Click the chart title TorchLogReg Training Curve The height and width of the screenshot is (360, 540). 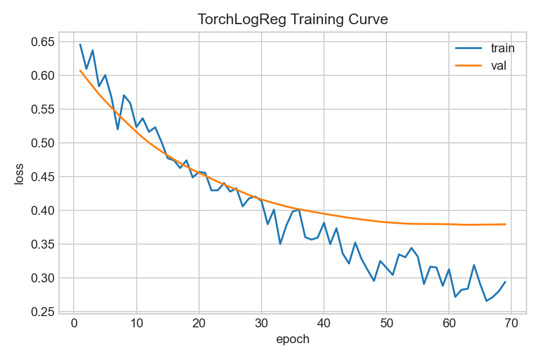pos(292,20)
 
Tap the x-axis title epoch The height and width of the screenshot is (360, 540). pos(292,340)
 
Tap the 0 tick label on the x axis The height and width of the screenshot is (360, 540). pos(74,323)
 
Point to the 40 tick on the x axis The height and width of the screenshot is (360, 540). pos(324,323)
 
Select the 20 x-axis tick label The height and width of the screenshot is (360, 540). pos(199,323)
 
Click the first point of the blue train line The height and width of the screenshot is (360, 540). pos(80,44)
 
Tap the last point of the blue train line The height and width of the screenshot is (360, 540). pos(505,282)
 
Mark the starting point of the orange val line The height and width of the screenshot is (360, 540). pos(80,70)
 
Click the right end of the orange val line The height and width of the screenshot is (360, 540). pos(505,224)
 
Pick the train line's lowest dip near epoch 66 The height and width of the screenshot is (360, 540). pos(487,301)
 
